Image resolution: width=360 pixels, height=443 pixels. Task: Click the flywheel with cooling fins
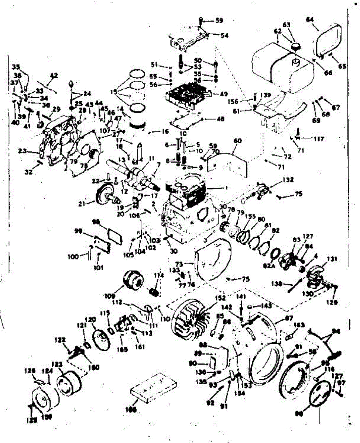point(189,318)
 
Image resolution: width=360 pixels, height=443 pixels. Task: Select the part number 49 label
point(224,94)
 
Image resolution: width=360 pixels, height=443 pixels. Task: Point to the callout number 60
point(237,140)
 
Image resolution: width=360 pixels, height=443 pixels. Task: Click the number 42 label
point(54,75)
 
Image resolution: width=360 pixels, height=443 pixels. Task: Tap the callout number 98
point(96,222)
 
